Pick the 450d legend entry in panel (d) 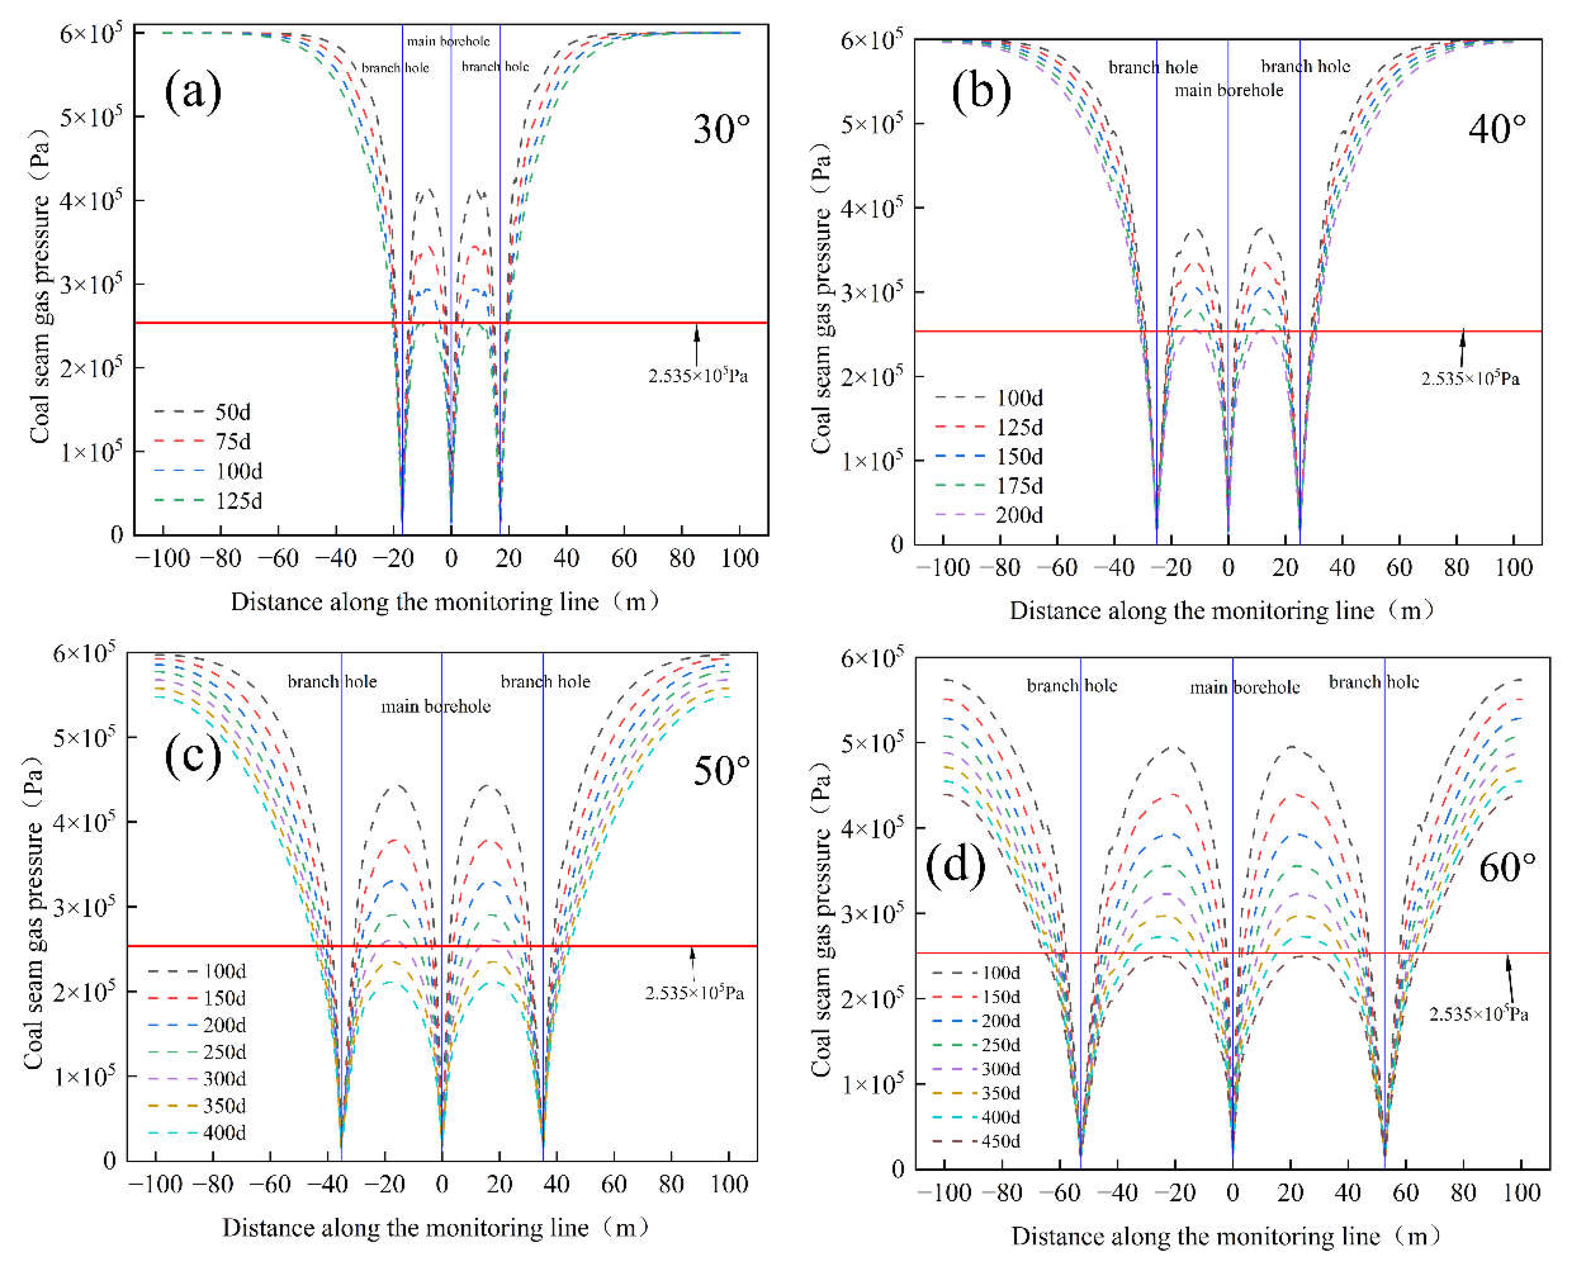[x=975, y=1141]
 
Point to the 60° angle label [x=1507, y=867]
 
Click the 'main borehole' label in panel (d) [x=1244, y=687]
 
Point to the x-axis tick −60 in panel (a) [x=277, y=558]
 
